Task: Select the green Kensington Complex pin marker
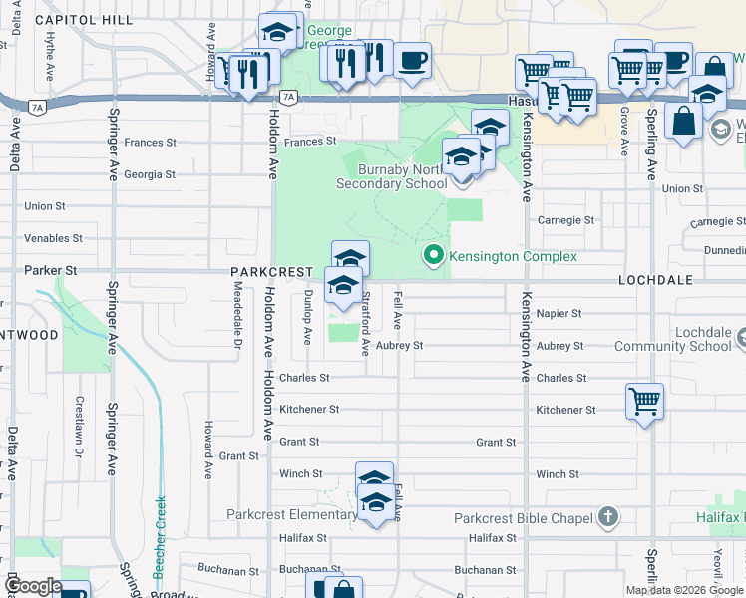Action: pos(433,256)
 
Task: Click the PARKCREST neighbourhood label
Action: pos(272,271)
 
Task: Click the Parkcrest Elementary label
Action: pos(291,515)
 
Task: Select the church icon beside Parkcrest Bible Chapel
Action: pos(608,517)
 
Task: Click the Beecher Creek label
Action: pos(160,537)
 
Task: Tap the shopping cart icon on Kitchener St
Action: pos(645,402)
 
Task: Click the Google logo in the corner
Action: pos(33,587)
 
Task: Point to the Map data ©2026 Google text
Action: pos(683,590)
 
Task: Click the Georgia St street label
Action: pos(150,174)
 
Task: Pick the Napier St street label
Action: pos(559,313)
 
